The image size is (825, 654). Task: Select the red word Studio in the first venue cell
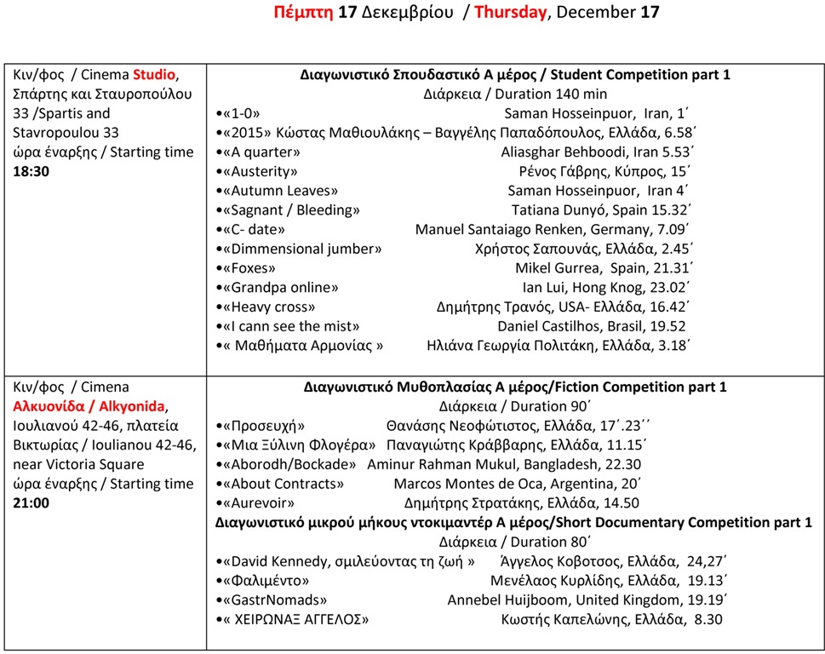pyautogui.click(x=153, y=74)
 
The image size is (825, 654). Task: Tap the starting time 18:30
pyautogui.click(x=31, y=171)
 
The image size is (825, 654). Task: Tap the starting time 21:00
pyautogui.click(x=31, y=502)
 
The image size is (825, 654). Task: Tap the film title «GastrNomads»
pyautogui.click(x=272, y=600)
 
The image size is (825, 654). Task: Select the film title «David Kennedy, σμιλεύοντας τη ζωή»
pyautogui.click(x=347, y=561)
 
